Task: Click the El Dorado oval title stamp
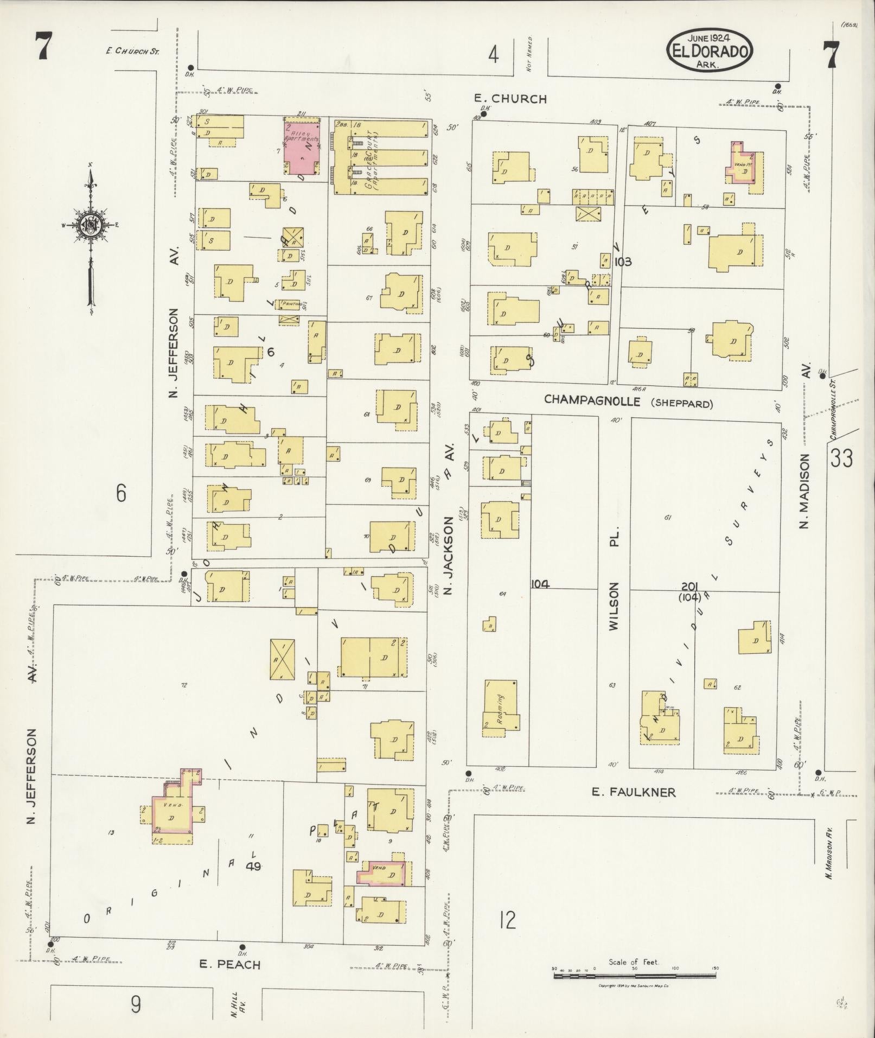pyautogui.click(x=710, y=50)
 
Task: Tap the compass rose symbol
pyautogui.click(x=90, y=225)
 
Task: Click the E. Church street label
pyautogui.click(x=510, y=99)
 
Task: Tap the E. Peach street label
pyautogui.click(x=230, y=964)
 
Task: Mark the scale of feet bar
pyautogui.click(x=635, y=976)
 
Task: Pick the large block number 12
pyautogui.click(x=508, y=920)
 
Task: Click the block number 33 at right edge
pyautogui.click(x=841, y=458)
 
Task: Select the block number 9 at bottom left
pyautogui.click(x=135, y=1005)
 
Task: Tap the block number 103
pyautogui.click(x=623, y=262)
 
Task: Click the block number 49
pyautogui.click(x=253, y=866)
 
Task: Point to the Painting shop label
pyautogui.click(x=289, y=304)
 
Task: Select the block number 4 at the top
pyautogui.click(x=493, y=55)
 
